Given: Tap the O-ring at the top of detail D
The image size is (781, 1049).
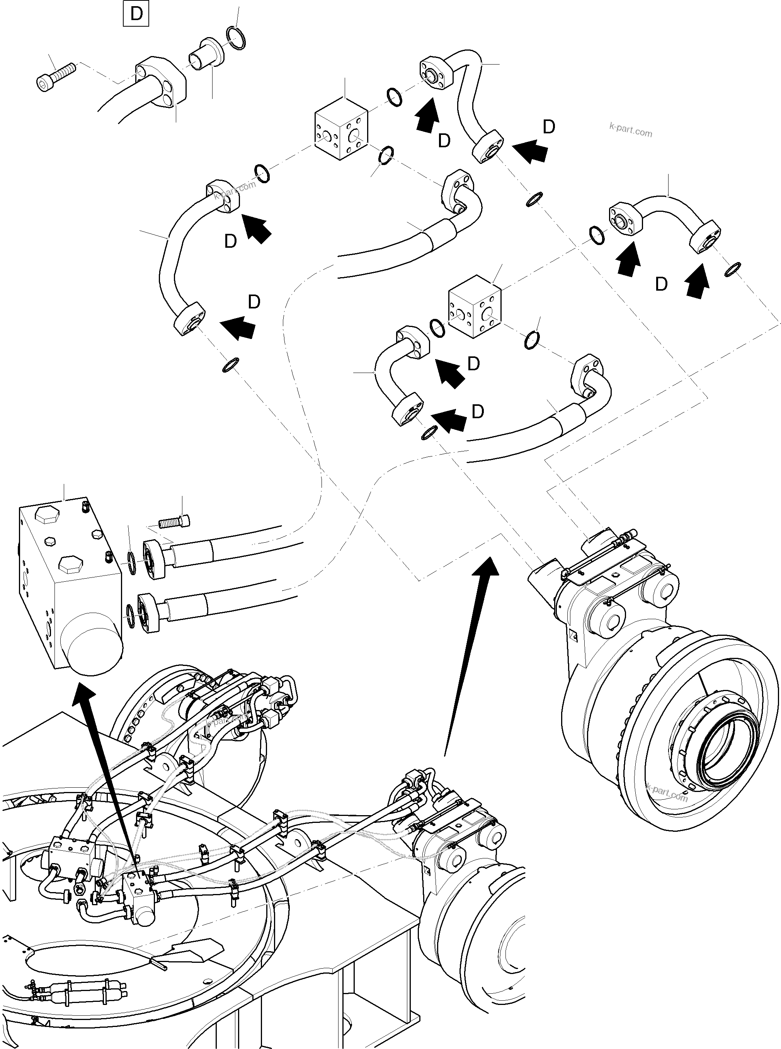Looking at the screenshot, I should pos(236,38).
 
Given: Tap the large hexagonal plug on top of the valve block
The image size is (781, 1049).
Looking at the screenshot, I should pos(47,516).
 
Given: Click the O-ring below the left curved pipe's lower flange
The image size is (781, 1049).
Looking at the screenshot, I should pos(230,365).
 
